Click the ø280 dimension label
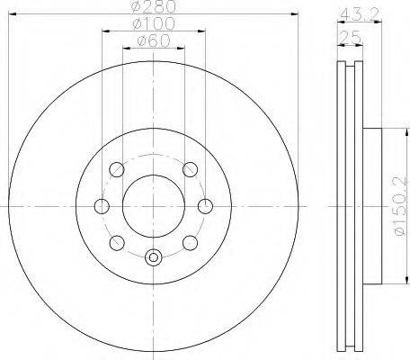coord(154,6)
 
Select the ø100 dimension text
coord(154,24)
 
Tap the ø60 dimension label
coord(154,40)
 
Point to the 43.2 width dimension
coord(360,13)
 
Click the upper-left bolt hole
coord(117,169)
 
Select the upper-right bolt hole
coord(191,169)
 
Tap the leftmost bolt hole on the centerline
coord(102,206)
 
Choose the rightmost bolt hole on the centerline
coord(205,206)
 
